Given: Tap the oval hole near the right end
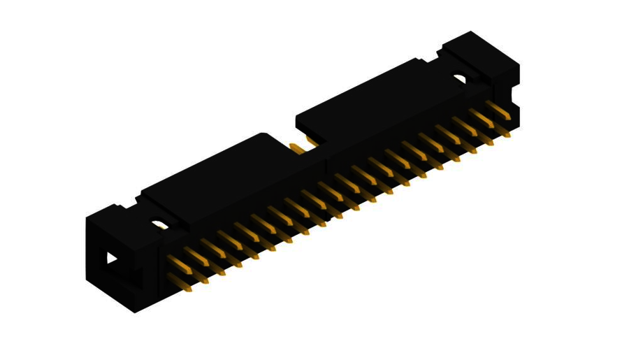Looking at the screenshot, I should [x=459, y=79].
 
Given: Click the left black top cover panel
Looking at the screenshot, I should [x=210, y=178].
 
